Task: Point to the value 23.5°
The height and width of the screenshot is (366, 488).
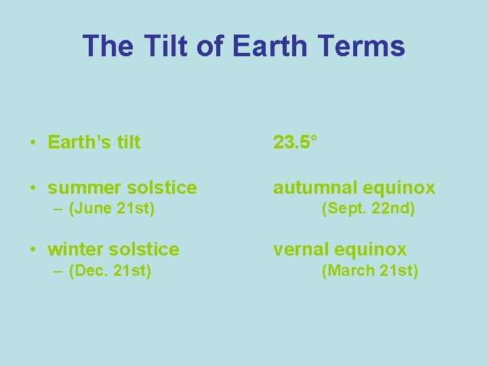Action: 296,142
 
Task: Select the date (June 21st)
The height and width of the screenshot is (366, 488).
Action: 112,209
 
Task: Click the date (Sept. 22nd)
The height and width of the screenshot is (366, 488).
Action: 368,209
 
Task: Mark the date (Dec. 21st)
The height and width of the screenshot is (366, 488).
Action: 110,271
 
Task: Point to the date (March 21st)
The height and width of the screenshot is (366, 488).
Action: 370,271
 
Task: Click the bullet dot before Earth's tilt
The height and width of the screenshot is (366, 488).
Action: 33,143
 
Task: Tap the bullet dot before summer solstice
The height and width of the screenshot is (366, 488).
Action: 33,188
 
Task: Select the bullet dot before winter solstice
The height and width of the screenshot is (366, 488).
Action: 33,250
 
